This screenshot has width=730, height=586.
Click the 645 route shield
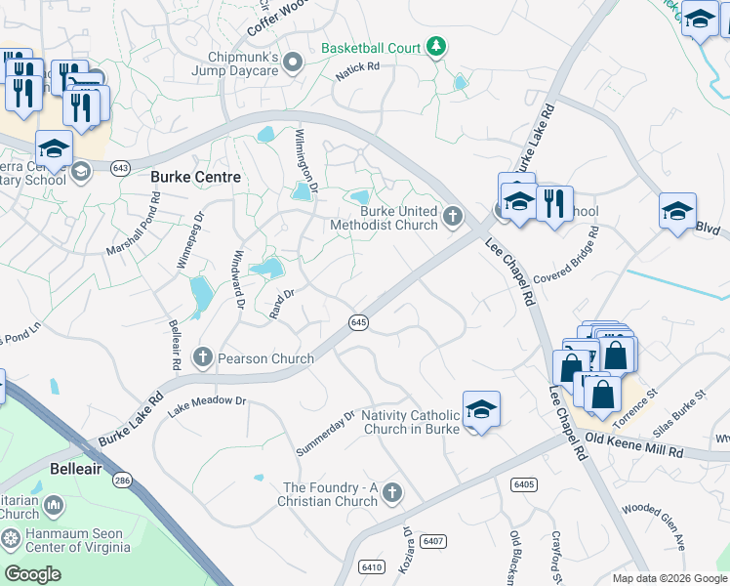(x=358, y=322)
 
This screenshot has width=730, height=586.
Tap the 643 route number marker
(x=121, y=168)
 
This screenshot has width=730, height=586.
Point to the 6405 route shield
(x=523, y=483)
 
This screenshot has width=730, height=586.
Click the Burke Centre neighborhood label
(x=196, y=177)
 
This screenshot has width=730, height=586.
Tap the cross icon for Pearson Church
(x=203, y=357)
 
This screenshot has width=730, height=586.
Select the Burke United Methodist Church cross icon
(x=452, y=216)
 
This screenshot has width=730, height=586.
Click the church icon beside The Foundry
(x=392, y=491)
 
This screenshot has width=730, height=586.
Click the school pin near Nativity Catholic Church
(x=481, y=408)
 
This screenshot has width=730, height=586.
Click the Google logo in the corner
(x=32, y=574)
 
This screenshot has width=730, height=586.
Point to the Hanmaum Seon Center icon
(x=11, y=538)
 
